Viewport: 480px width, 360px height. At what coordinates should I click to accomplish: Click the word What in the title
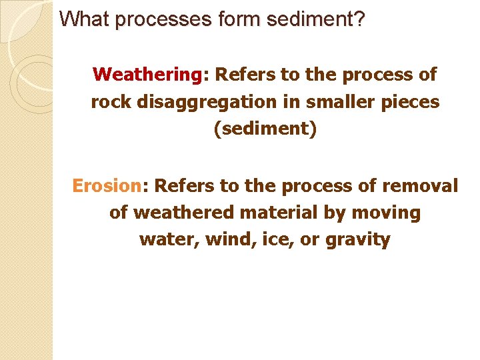point(85,19)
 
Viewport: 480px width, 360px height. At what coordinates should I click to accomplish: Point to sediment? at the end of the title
point(316,19)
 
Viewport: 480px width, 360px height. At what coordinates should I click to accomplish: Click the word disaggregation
point(193,102)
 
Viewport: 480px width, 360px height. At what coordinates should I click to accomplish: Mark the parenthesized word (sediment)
point(265,129)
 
